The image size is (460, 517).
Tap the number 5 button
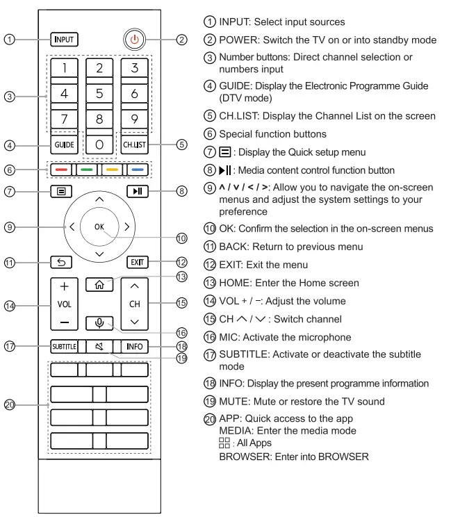99,92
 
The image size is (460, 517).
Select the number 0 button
99,145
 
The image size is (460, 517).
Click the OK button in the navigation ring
99,226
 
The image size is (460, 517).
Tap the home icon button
99,284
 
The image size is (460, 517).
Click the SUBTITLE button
63,346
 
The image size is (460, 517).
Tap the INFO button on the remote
135,346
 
